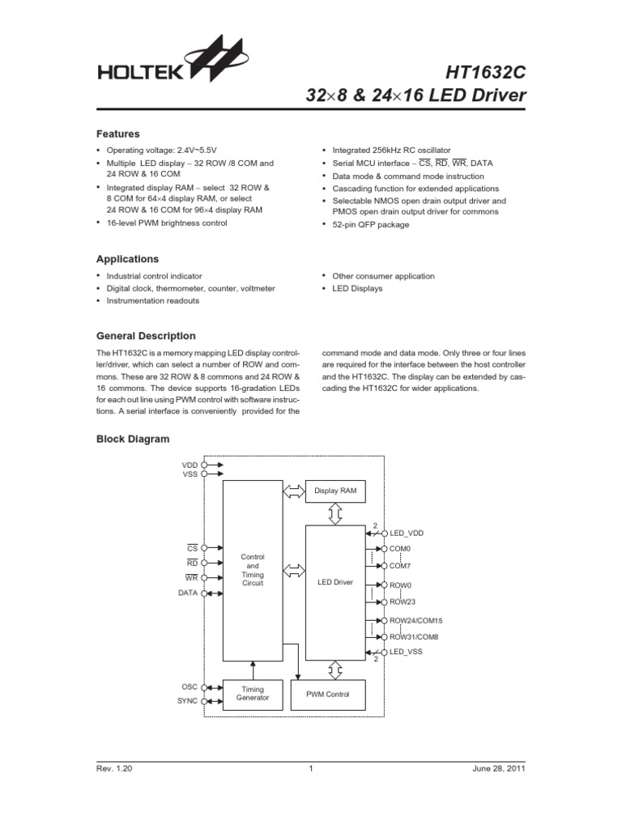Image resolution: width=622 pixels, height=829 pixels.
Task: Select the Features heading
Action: [x=118, y=134]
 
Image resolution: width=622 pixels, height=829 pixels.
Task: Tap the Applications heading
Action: [x=128, y=259]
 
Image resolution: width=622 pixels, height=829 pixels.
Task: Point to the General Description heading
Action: [x=146, y=336]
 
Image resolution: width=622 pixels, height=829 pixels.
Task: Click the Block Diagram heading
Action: [x=133, y=439]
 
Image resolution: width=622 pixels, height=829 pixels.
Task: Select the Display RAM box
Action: [x=335, y=491]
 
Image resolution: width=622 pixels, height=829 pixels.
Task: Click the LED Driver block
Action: [x=335, y=582]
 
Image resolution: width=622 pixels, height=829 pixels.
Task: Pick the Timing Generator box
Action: [x=253, y=695]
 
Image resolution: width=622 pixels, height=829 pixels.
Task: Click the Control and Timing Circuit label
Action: [x=253, y=570]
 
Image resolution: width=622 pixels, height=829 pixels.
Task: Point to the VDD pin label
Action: [x=190, y=466]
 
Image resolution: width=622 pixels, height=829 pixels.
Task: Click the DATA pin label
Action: [x=188, y=593]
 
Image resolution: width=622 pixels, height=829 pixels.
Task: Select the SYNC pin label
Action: [x=187, y=701]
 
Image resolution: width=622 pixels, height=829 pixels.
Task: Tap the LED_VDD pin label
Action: [x=407, y=534]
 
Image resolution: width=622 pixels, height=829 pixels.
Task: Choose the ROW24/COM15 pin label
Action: [x=416, y=621]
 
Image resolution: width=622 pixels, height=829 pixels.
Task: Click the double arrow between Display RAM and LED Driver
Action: [x=335, y=513]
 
